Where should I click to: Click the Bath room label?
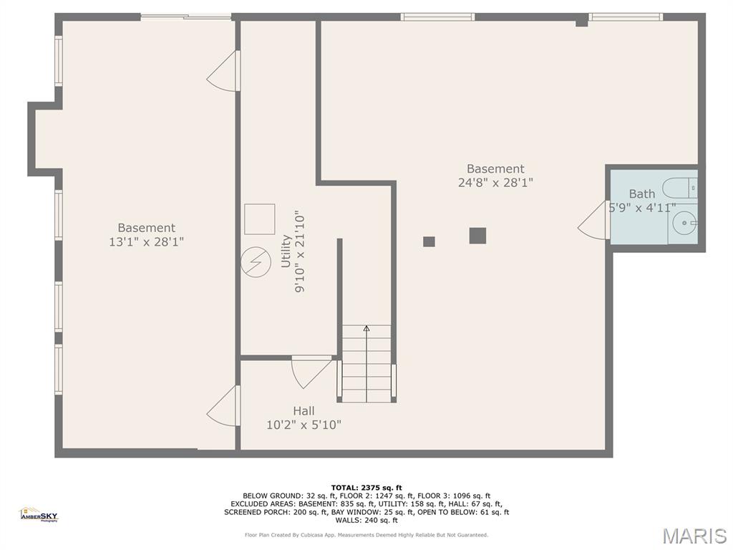pyautogui.click(x=641, y=194)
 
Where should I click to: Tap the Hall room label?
pyautogui.click(x=304, y=411)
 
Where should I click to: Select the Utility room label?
pyautogui.click(x=286, y=251)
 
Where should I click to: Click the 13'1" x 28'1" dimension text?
pyautogui.click(x=146, y=242)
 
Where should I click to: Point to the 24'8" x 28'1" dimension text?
pyautogui.click(x=495, y=183)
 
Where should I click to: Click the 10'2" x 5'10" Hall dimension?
pyautogui.click(x=304, y=425)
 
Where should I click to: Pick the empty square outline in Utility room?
pyautogui.click(x=259, y=219)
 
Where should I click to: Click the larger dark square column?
pyautogui.click(x=477, y=236)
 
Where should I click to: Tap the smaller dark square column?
pyautogui.click(x=429, y=241)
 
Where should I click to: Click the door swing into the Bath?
pyautogui.click(x=593, y=220)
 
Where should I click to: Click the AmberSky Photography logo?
pyautogui.click(x=39, y=513)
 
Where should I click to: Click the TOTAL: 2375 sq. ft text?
pyautogui.click(x=366, y=488)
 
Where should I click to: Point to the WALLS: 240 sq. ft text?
pyautogui.click(x=366, y=521)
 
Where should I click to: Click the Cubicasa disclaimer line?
pyautogui.click(x=366, y=535)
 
